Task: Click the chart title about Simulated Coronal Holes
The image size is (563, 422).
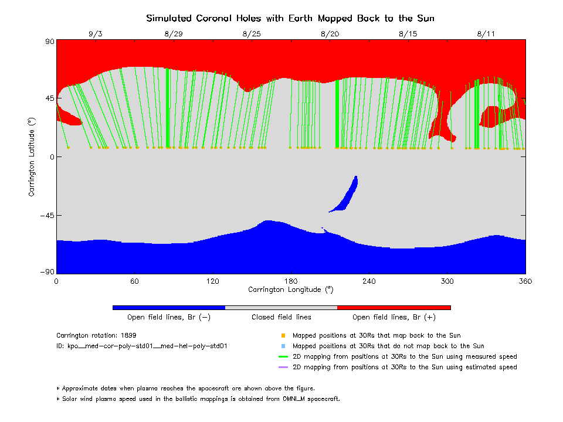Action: (x=290, y=18)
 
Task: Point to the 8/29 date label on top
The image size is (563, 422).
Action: (x=174, y=34)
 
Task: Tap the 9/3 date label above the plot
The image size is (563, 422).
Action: (x=96, y=34)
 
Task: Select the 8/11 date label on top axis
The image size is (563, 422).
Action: (x=486, y=34)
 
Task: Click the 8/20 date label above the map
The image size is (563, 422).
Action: (x=330, y=34)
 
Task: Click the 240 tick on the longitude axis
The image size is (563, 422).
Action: (x=369, y=281)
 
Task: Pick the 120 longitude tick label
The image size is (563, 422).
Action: (x=212, y=281)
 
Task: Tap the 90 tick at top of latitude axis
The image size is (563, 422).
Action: (x=49, y=41)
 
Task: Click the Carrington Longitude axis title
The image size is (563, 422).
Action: (x=290, y=289)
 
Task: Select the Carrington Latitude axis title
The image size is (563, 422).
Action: (x=32, y=156)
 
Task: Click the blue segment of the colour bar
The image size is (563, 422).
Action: (x=169, y=307)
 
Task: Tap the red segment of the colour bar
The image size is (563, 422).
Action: (x=394, y=307)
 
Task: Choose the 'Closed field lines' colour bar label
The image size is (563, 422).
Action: (x=281, y=317)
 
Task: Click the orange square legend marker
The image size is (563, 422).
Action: (x=283, y=336)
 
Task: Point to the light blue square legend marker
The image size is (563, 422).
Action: (x=283, y=346)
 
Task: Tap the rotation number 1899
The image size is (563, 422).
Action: (x=128, y=336)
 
